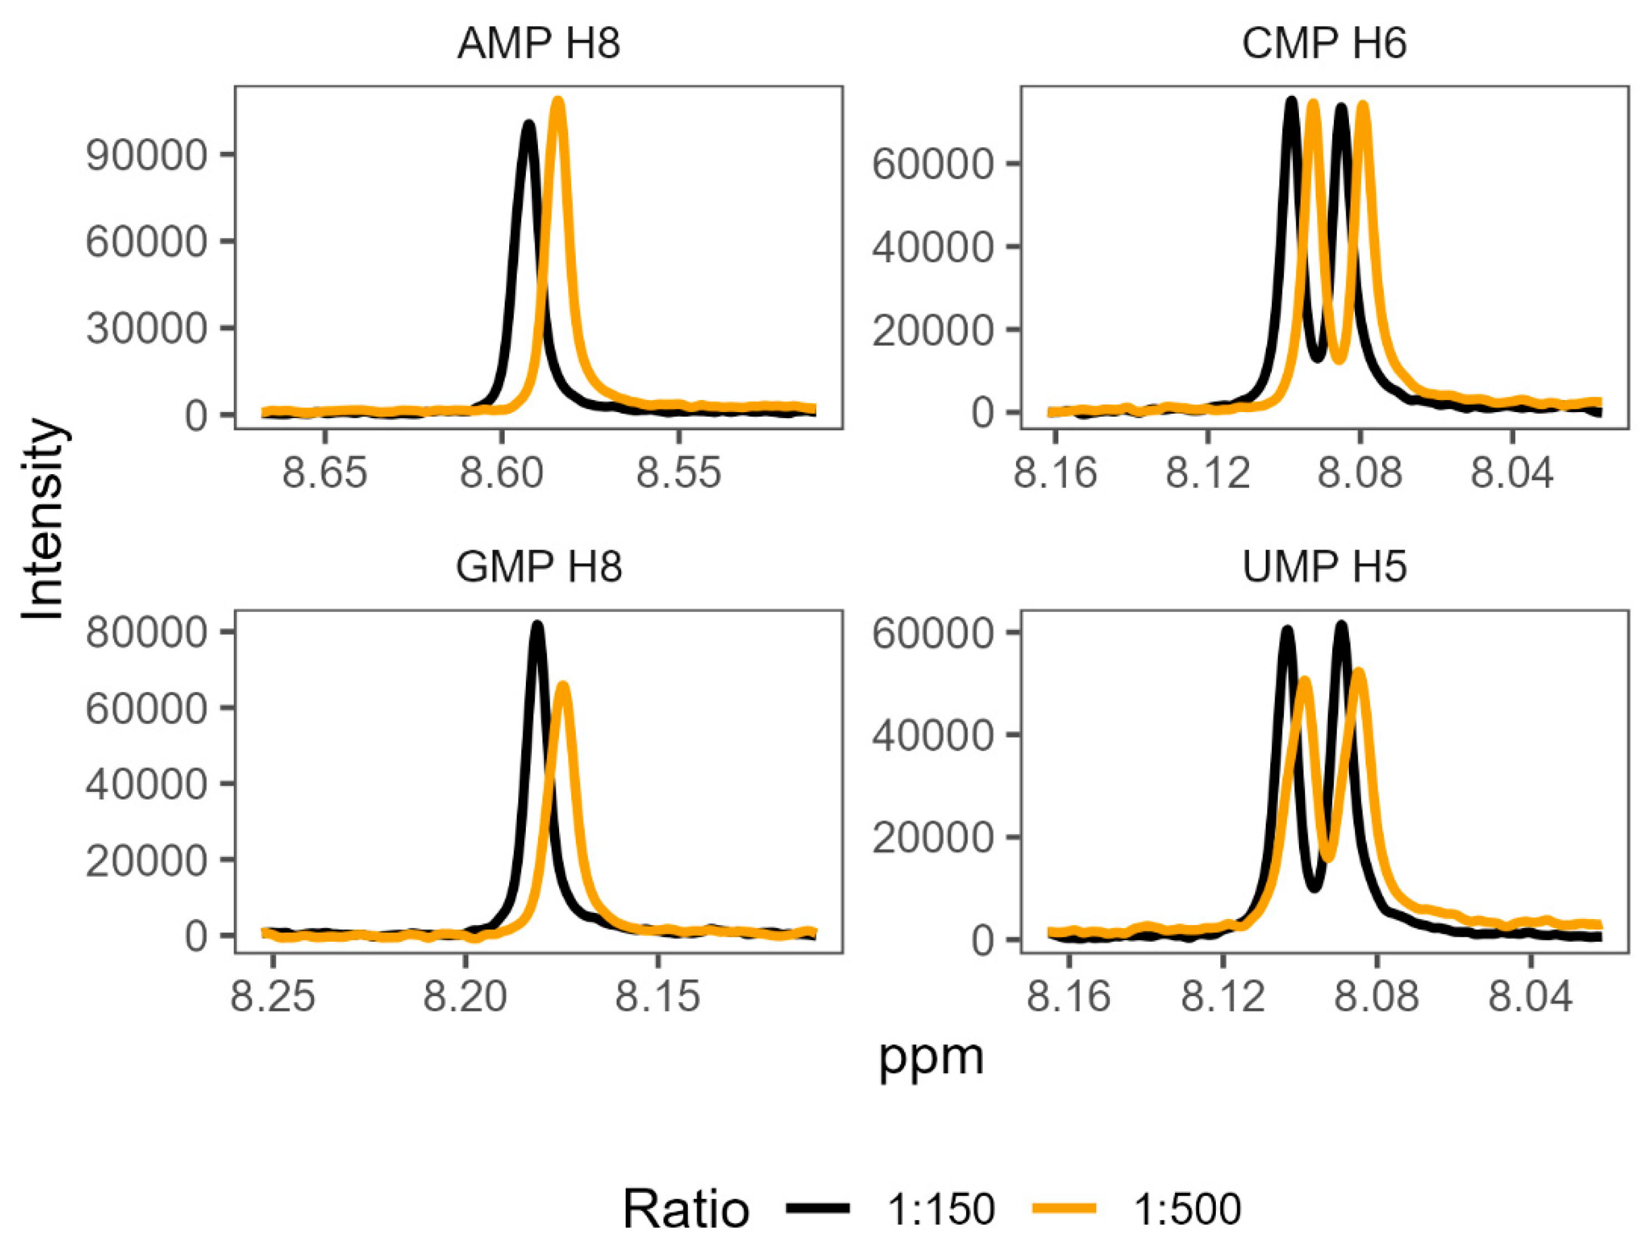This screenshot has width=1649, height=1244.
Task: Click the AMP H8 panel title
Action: [538, 43]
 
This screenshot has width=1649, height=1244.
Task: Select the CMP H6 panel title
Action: [1324, 43]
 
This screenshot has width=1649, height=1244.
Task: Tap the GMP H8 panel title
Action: [538, 567]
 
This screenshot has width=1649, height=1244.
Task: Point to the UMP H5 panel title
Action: [1324, 567]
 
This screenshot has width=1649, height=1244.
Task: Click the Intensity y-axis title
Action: [43, 520]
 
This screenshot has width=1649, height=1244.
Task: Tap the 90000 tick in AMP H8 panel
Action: [146, 156]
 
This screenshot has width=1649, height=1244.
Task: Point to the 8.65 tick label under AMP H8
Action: [325, 473]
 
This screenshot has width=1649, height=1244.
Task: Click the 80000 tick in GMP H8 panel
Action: [146, 633]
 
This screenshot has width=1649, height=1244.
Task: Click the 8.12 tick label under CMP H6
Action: [1207, 473]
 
